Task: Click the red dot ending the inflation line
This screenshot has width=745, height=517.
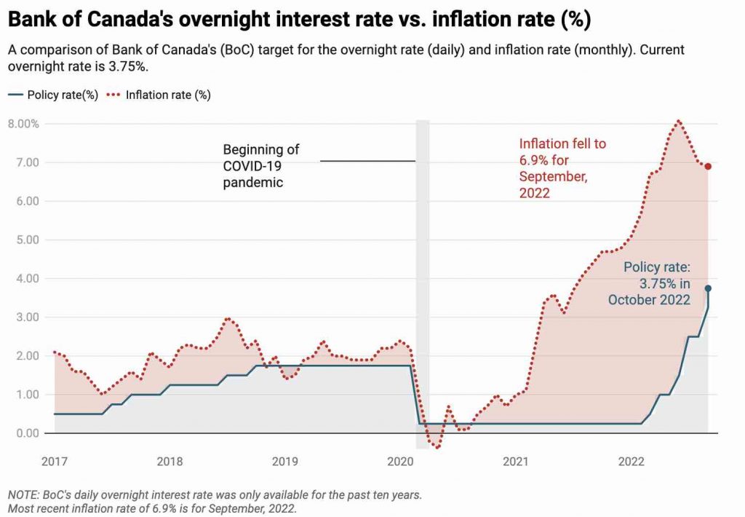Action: click(x=708, y=167)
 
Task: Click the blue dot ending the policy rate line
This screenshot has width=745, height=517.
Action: click(x=708, y=288)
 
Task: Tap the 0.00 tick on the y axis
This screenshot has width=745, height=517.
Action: click(x=26, y=433)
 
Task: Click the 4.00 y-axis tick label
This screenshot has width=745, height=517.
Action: click(x=26, y=278)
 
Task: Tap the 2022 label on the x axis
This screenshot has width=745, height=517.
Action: click(x=630, y=461)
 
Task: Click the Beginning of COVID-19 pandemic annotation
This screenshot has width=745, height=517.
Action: click(x=261, y=166)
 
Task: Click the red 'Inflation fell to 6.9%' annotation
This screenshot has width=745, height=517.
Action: click(x=562, y=168)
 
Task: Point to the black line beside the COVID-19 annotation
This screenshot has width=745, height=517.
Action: click(x=367, y=161)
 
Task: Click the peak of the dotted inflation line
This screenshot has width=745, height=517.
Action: click(x=678, y=121)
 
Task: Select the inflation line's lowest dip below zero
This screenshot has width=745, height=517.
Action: click(x=437, y=447)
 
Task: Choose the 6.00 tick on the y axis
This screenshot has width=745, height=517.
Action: click(x=26, y=201)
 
